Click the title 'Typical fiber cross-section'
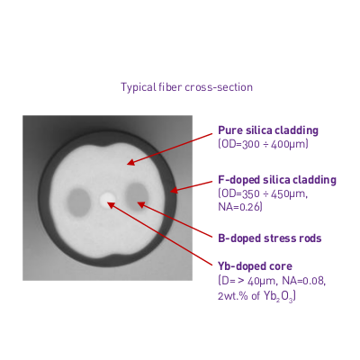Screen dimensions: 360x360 click(x=186, y=87)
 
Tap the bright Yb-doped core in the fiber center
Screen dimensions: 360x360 click(x=108, y=200)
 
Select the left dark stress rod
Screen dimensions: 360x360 click(x=78, y=202)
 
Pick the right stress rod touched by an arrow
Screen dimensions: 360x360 click(x=137, y=197)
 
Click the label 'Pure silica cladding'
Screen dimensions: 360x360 click(x=268, y=130)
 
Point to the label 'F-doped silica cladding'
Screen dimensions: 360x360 click(x=277, y=180)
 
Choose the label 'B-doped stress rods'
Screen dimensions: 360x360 click(x=270, y=238)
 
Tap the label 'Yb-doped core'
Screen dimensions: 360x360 click(x=255, y=266)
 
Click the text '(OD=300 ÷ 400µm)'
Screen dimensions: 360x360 click(x=263, y=144)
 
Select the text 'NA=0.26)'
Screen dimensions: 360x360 click(x=240, y=207)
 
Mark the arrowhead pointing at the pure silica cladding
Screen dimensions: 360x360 click(x=130, y=163)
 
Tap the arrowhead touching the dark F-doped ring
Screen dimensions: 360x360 click(x=174, y=190)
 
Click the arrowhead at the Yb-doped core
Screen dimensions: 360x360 click(x=111, y=204)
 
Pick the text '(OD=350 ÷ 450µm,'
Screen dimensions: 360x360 click(x=263, y=193)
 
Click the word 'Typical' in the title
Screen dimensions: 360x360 click(x=139, y=87)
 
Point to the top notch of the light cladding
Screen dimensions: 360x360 click(x=108, y=146)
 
